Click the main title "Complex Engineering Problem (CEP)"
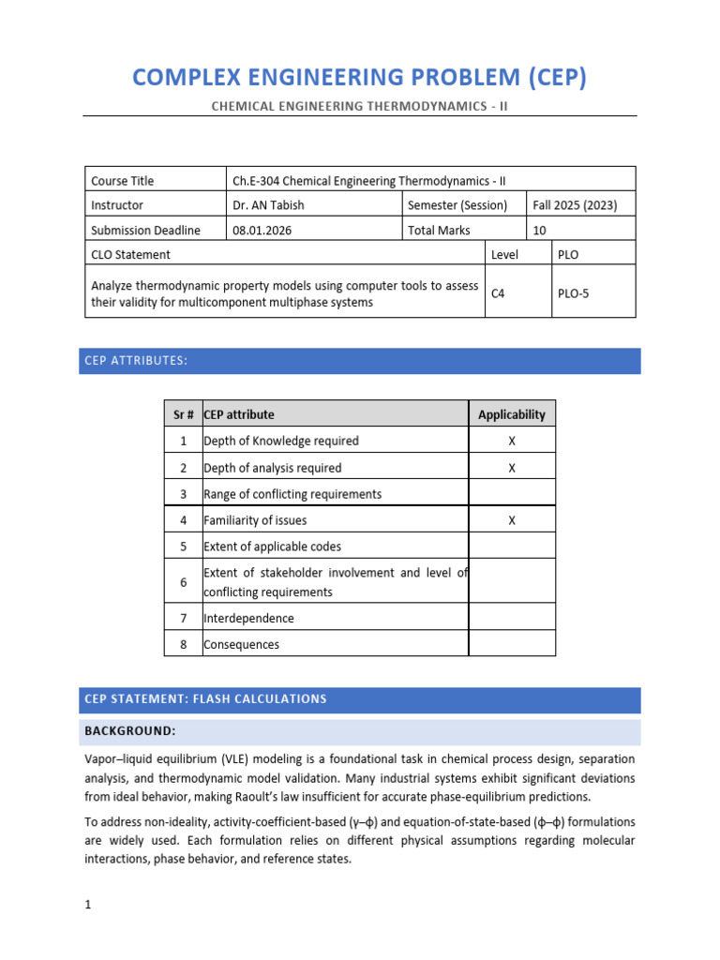click(360, 77)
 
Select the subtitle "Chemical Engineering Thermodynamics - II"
click(360, 106)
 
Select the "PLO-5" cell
click(574, 292)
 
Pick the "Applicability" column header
click(511, 414)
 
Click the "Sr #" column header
click(184, 414)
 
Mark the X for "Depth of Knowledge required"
click(511, 441)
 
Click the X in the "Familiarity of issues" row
click(511, 519)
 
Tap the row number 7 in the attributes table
click(184, 618)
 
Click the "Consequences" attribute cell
click(241, 644)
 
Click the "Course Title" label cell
click(122, 181)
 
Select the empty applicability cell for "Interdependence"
click(511, 618)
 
